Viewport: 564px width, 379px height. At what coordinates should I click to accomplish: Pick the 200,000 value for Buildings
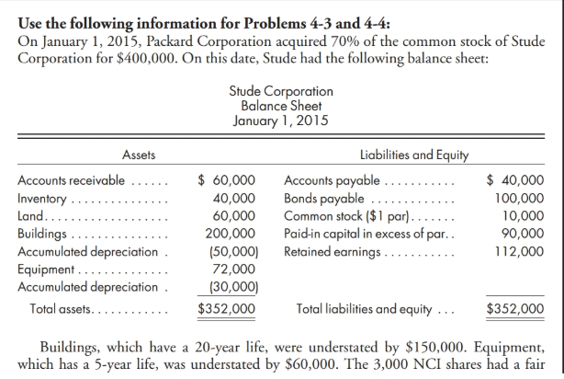pos(230,232)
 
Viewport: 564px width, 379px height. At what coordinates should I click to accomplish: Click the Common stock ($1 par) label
pos(340,215)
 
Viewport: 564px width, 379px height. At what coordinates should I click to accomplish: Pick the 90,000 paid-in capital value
pos(523,232)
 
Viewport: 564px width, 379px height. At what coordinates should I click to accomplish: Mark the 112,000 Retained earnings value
pos(519,248)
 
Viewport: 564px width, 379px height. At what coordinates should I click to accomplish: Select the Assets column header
pos(139,156)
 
